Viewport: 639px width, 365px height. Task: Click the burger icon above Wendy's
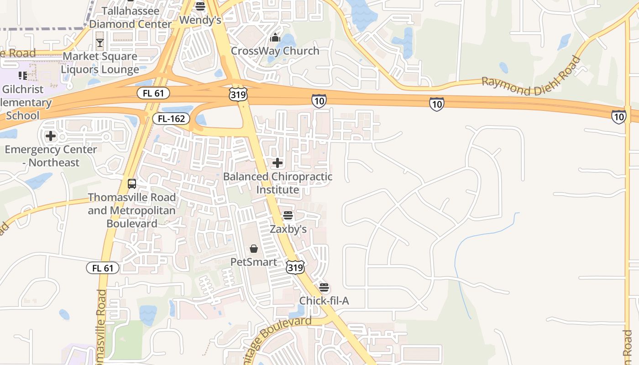tap(200, 6)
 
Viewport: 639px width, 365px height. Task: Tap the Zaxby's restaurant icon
tap(288, 215)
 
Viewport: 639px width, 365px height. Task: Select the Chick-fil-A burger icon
tap(324, 287)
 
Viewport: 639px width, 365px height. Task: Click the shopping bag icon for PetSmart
tap(254, 249)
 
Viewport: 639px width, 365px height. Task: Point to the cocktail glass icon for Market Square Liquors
tap(100, 43)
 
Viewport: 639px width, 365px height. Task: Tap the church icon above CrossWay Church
tap(275, 37)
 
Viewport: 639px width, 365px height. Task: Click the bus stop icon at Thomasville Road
tap(132, 184)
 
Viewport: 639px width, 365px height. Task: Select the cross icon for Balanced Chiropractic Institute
tap(278, 163)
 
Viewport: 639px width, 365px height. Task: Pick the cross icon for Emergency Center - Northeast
tap(51, 136)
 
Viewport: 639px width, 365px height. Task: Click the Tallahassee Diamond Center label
tap(131, 17)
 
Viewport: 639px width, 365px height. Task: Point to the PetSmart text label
tap(254, 262)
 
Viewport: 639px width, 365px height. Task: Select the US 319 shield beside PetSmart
tap(295, 267)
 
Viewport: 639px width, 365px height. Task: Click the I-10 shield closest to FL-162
tap(319, 101)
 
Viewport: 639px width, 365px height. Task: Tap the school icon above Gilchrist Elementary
tap(22, 76)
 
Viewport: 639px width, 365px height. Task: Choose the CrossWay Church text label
tap(275, 51)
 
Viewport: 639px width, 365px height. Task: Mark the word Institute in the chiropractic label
tap(278, 189)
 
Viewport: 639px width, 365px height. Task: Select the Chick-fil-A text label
tap(324, 301)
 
